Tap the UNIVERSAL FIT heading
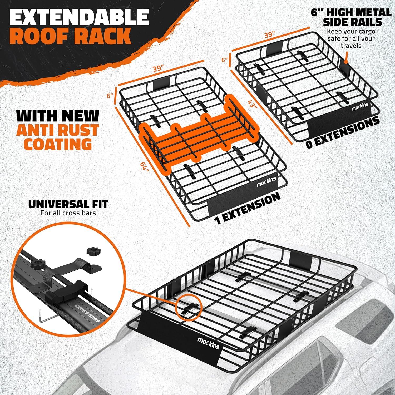pos(68,204)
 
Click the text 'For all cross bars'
pos(68,213)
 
